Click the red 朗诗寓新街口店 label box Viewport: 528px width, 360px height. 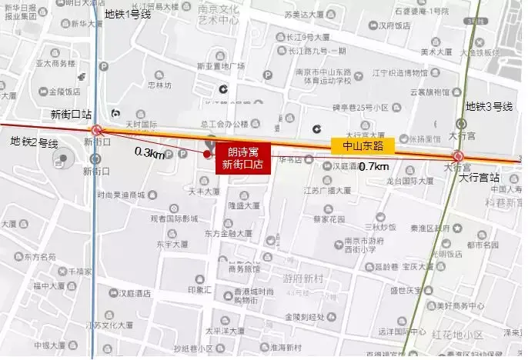click(x=242, y=158)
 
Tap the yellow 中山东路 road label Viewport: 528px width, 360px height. click(x=363, y=144)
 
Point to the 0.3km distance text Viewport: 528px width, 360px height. click(x=149, y=153)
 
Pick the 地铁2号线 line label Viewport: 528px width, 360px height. click(x=34, y=143)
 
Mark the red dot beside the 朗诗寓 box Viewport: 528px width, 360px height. click(x=206, y=154)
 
